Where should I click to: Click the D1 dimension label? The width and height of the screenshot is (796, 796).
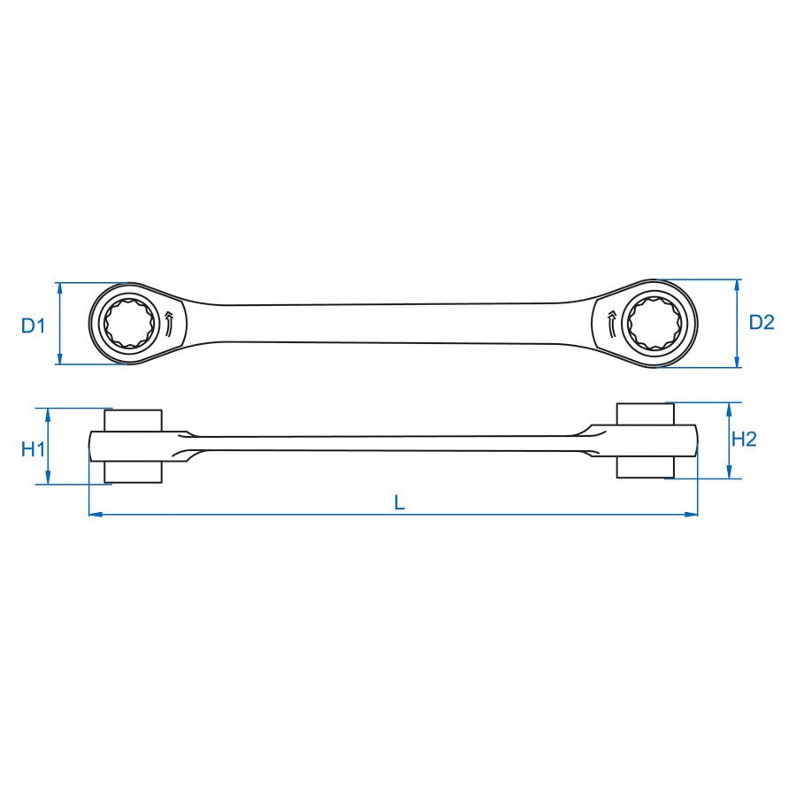click(x=33, y=325)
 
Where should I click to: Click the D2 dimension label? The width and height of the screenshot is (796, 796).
click(x=762, y=322)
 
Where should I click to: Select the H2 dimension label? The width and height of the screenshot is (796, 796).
click(x=744, y=439)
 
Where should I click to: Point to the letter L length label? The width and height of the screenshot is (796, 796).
click(x=400, y=502)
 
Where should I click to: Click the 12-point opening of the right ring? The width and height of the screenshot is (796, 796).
click(x=654, y=324)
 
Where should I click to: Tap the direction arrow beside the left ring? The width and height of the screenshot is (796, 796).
click(x=169, y=325)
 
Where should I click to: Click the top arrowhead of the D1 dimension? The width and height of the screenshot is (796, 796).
click(x=60, y=288)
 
